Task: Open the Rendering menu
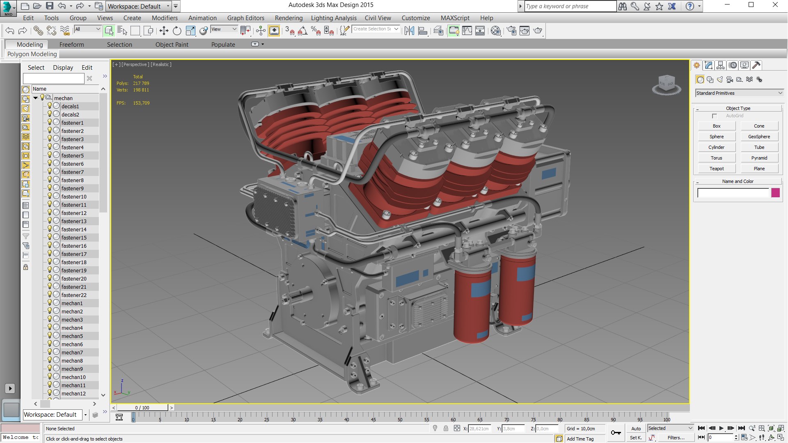[289, 18]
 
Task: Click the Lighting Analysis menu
[333, 18]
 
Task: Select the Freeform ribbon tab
[71, 45]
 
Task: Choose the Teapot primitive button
[716, 169]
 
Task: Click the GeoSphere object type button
[759, 137]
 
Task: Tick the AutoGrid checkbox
[715, 116]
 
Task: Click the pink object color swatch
[775, 193]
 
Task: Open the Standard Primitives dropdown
[739, 93]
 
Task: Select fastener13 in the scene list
[74, 221]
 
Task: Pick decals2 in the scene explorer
[70, 114]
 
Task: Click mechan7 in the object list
[72, 352]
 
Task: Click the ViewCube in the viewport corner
[666, 84]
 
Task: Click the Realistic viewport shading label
[161, 64]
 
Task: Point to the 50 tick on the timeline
[400, 417]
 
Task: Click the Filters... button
[676, 438]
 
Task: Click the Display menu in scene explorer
[63, 68]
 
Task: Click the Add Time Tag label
[580, 439]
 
